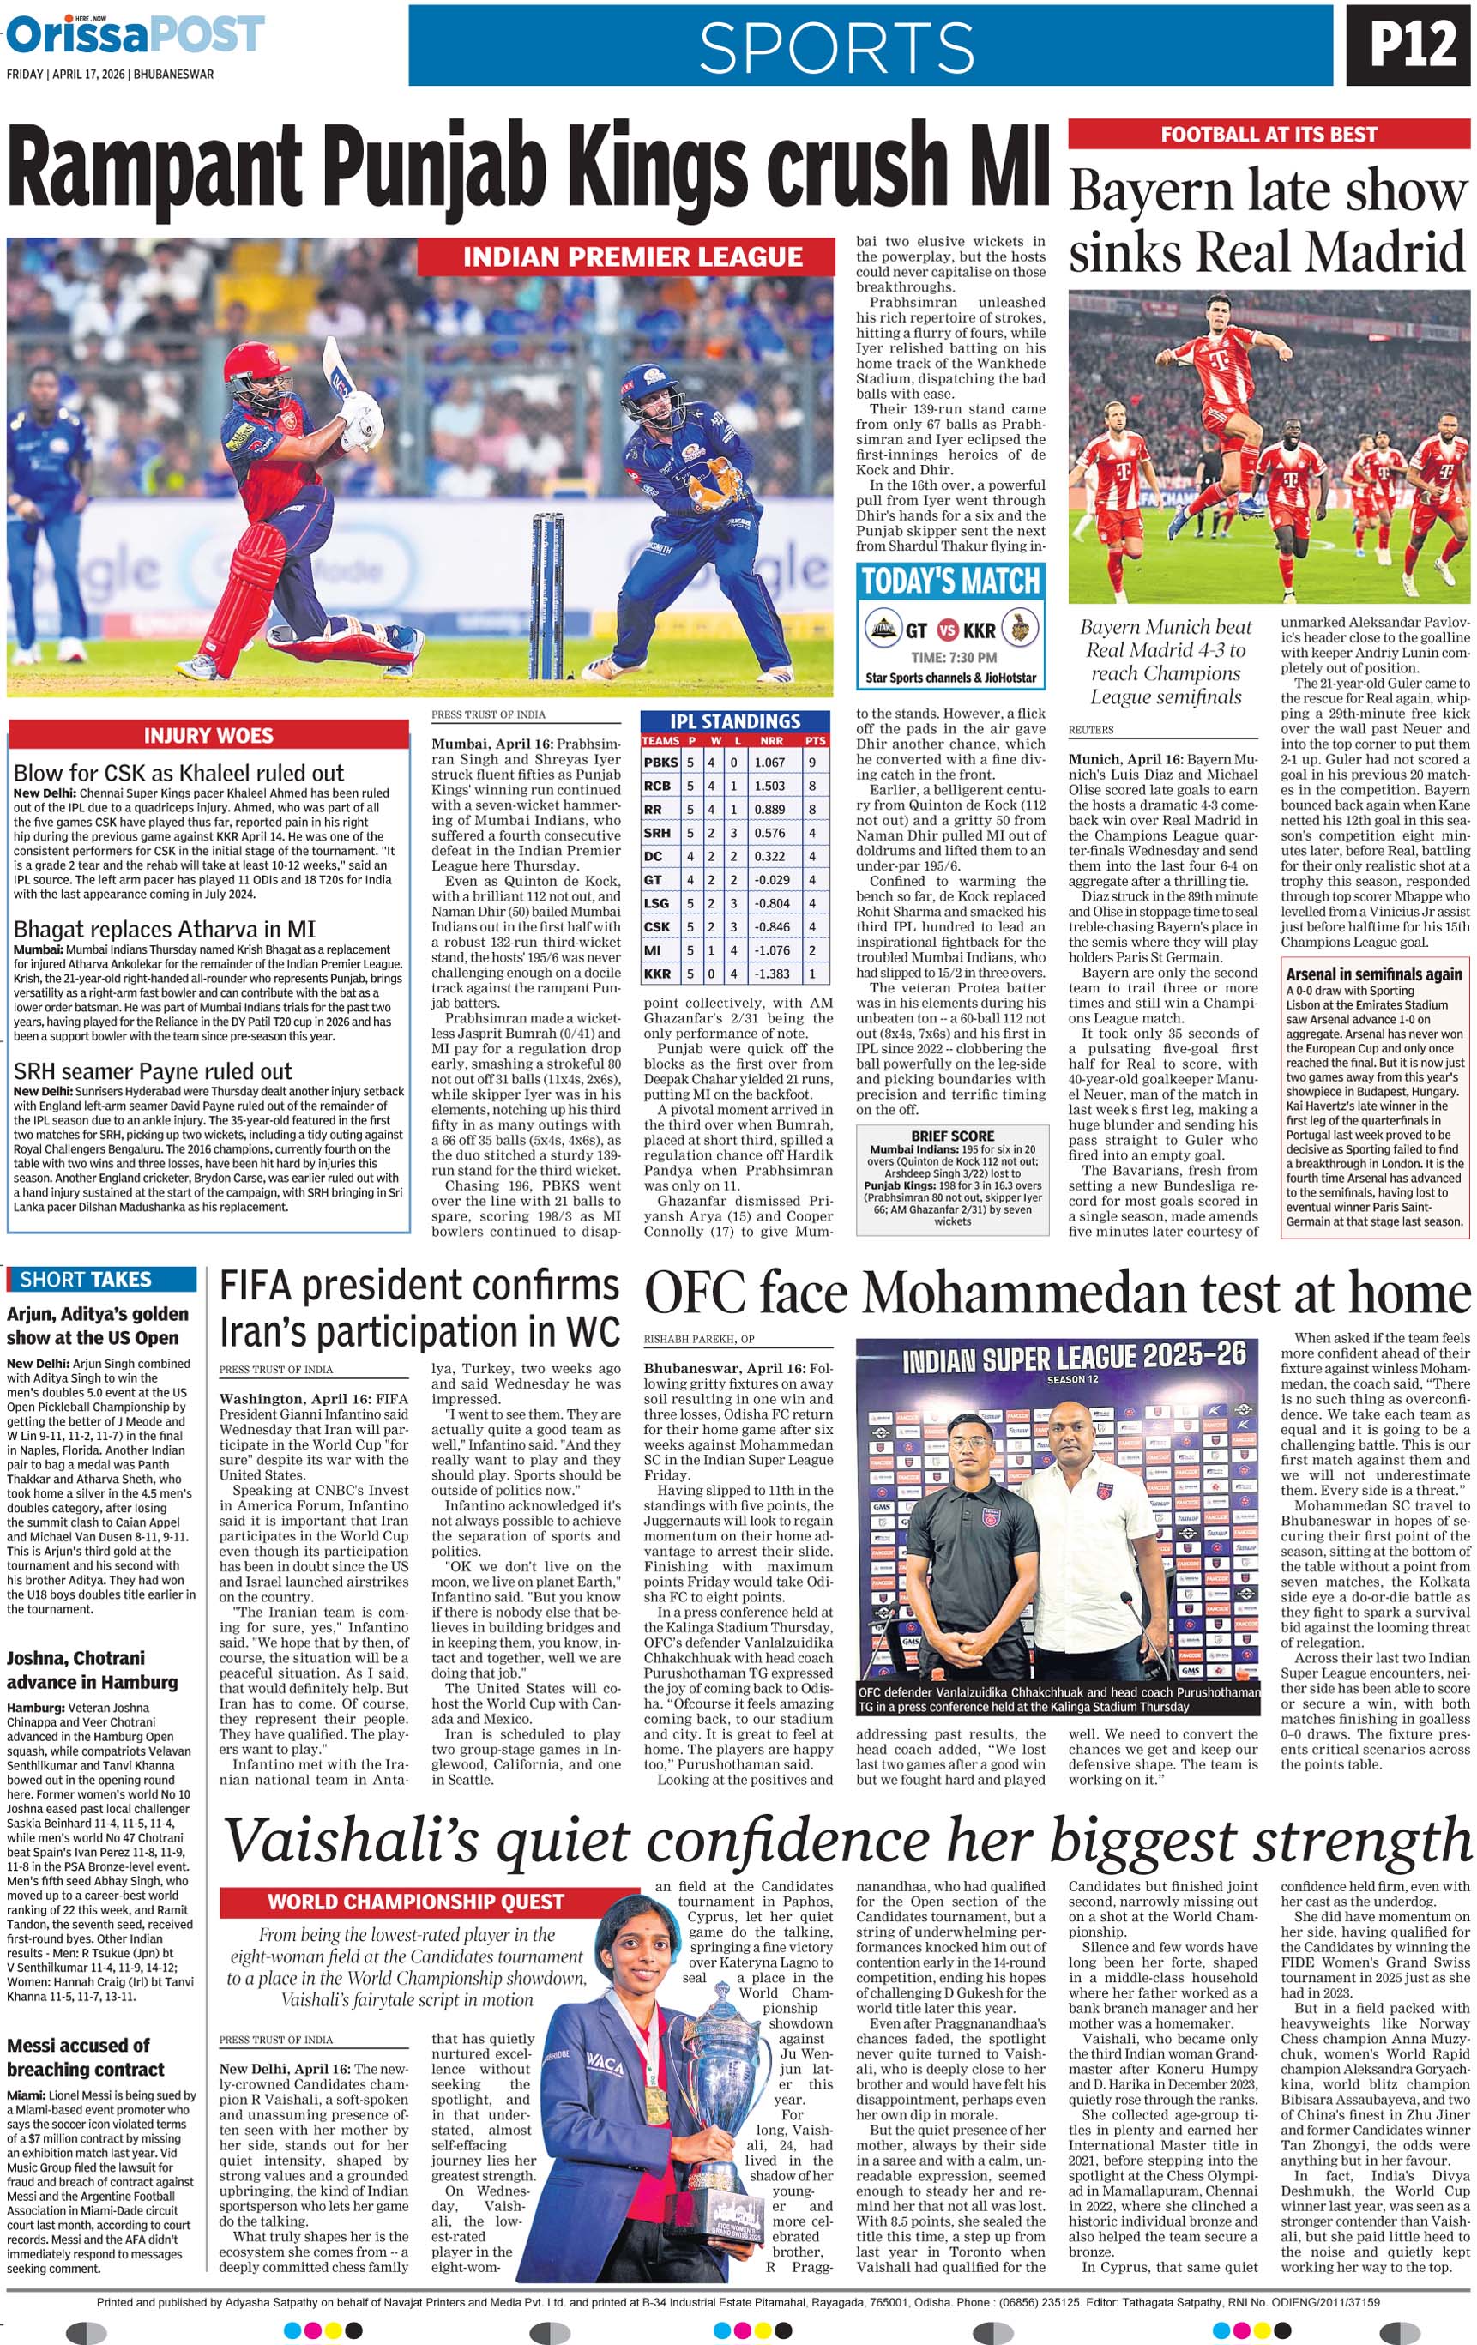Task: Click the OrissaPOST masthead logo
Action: (x=136, y=36)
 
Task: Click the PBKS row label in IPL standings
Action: (x=661, y=763)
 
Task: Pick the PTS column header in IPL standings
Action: (x=815, y=741)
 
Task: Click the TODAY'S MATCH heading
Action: (x=950, y=582)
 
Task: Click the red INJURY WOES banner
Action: (x=208, y=735)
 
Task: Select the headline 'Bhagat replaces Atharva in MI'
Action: (x=165, y=929)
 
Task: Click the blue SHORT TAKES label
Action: (x=86, y=1280)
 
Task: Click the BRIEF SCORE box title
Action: (x=952, y=1136)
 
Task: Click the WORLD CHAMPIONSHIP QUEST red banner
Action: (x=416, y=1902)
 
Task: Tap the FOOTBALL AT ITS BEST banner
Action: (x=1268, y=135)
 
